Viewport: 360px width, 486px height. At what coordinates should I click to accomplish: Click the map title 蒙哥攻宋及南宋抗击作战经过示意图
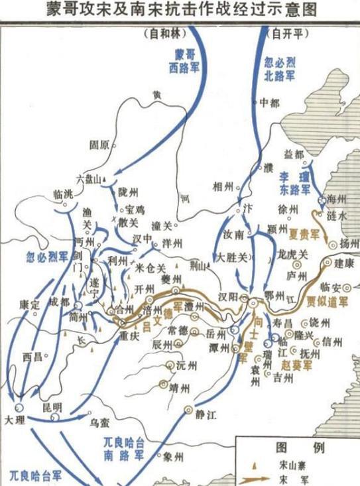coord(180,10)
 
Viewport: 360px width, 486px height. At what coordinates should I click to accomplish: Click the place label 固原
coord(99,144)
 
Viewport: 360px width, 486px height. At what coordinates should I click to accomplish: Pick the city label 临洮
coord(62,195)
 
